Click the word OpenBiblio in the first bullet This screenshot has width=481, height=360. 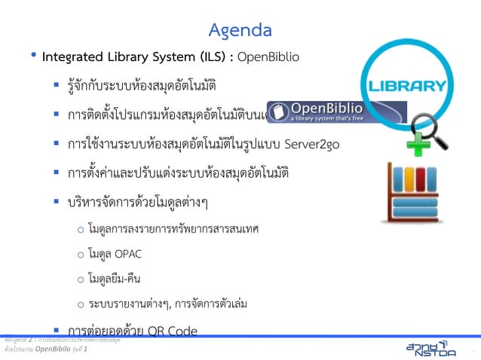click(268, 56)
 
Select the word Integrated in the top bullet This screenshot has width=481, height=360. click(69, 56)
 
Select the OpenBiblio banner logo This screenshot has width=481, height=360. click(337, 112)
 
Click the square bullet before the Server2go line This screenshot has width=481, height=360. click(56, 143)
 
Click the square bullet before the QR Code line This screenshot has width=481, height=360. click(56, 330)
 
